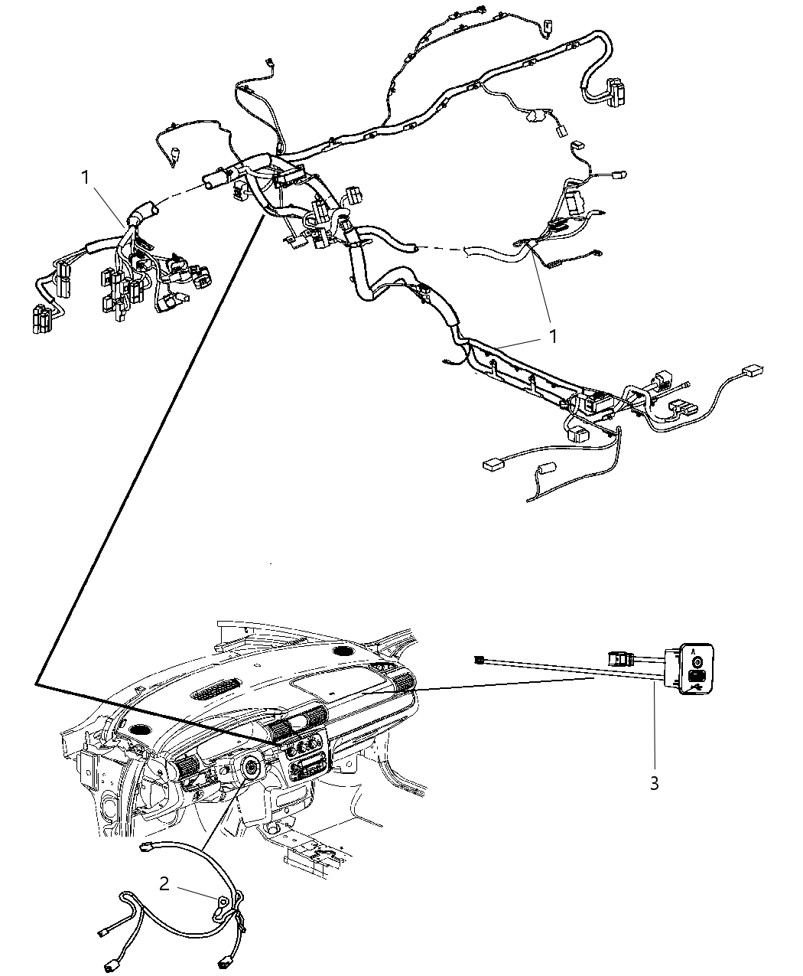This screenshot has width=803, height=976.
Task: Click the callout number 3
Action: pos(654,784)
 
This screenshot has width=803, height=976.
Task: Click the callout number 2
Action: pos(164,884)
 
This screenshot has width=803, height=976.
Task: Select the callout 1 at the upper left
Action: pos(87,177)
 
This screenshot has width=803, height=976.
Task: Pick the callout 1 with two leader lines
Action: pos(551,336)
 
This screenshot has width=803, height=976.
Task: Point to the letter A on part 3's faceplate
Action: pos(694,648)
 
